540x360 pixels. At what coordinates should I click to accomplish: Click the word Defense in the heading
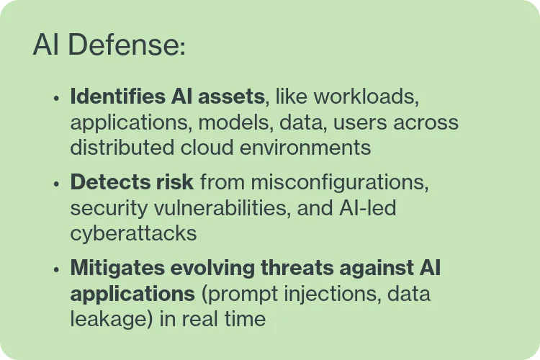(122, 45)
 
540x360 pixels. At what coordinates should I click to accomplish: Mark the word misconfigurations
(338, 182)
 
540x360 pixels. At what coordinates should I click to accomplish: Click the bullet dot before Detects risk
(55, 184)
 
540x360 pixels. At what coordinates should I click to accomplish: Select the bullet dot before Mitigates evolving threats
(55, 270)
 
